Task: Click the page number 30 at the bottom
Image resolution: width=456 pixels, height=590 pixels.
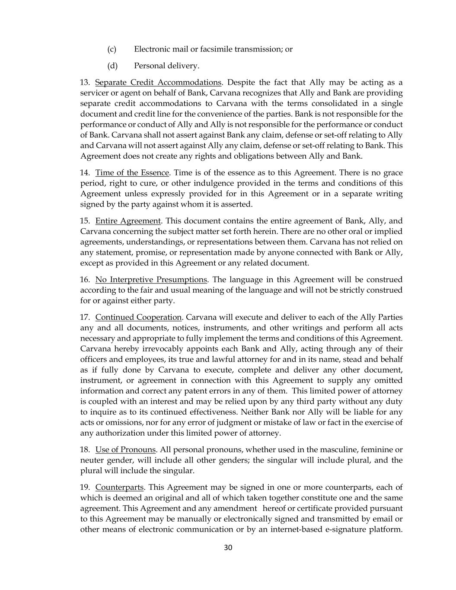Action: tap(228, 548)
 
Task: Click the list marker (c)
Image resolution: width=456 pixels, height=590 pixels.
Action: tap(112, 49)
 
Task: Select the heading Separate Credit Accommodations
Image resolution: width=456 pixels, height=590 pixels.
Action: tap(158, 83)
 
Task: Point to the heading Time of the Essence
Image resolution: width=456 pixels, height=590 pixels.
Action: tap(132, 173)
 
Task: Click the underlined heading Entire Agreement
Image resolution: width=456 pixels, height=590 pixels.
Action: tap(128, 221)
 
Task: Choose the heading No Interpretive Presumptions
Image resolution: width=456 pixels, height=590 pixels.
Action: tap(151, 280)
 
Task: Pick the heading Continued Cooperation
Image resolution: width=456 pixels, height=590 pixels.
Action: tap(138, 317)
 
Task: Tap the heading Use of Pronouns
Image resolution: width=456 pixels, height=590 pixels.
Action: tap(125, 450)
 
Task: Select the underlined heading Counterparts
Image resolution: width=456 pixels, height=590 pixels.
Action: tap(119, 488)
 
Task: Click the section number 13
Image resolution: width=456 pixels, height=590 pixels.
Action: tap(85, 83)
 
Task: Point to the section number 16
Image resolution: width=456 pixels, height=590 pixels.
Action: tap(85, 280)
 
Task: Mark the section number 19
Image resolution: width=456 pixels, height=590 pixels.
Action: tap(85, 488)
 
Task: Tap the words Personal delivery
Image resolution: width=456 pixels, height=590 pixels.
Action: tap(166, 66)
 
